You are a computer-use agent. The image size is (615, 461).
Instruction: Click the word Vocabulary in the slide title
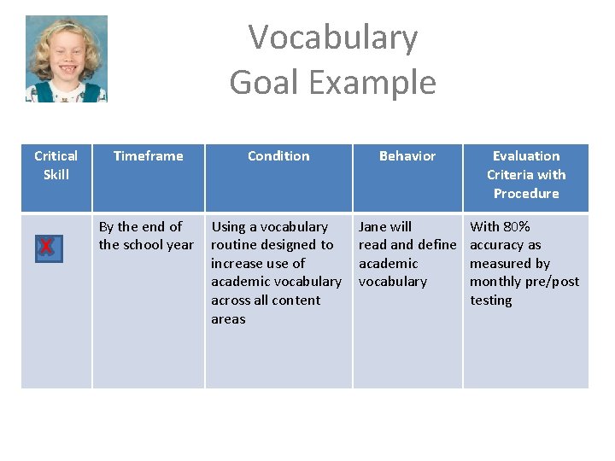(x=333, y=38)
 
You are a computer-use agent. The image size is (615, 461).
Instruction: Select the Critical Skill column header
(x=56, y=165)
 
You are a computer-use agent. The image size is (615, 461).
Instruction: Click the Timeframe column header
(x=148, y=156)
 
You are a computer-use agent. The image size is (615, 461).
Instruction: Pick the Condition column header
(x=278, y=156)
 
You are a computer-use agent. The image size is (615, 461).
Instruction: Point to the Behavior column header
(x=407, y=156)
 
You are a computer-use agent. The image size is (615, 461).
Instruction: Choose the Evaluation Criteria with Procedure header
(x=526, y=174)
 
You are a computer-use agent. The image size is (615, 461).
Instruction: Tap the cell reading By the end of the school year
(x=145, y=236)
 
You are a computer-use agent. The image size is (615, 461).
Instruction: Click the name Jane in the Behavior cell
(x=372, y=227)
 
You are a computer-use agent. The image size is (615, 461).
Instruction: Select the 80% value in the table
(x=517, y=227)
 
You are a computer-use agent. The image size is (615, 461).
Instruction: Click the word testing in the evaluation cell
(x=491, y=301)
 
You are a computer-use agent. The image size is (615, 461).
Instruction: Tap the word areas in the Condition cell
(x=228, y=319)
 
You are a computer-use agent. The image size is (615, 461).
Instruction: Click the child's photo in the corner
(x=67, y=59)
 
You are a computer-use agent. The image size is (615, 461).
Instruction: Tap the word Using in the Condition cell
(x=228, y=227)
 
